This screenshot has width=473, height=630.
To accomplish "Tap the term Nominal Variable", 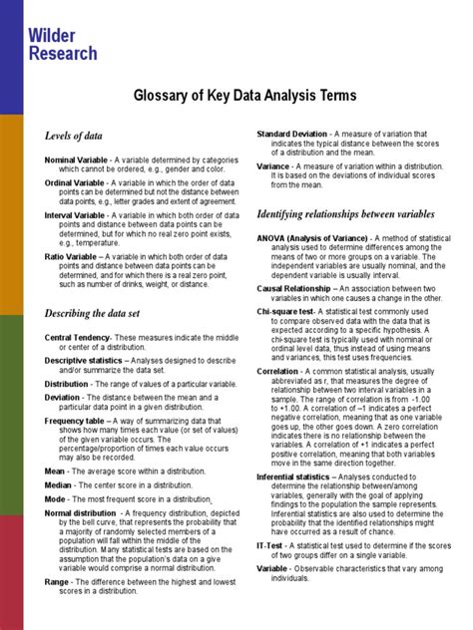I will tap(77, 159).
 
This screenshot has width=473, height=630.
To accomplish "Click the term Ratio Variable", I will tap(71, 256).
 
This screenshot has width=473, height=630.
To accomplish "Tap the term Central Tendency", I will tap(77, 338).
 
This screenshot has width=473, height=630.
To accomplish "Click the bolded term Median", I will tap(57, 484).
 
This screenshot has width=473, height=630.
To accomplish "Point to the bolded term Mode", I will tap(54, 498).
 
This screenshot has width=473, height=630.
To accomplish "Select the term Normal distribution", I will tap(81, 513).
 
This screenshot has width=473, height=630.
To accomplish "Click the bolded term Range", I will tap(56, 581).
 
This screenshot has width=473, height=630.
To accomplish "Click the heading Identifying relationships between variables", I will tap(345, 214).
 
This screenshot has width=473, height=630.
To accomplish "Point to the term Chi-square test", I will tap(286, 311).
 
